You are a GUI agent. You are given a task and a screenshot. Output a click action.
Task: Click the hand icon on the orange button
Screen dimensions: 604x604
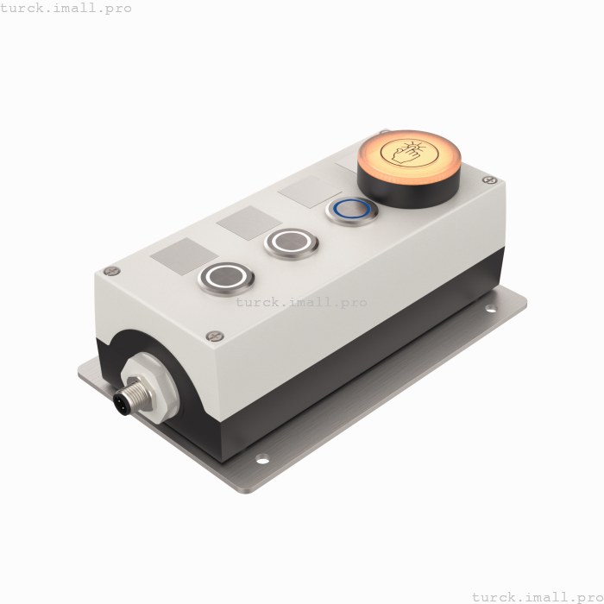[409, 152]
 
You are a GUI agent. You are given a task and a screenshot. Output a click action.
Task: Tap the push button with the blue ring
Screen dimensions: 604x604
[351, 210]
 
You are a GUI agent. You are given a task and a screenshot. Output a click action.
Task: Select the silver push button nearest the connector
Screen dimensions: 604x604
[227, 277]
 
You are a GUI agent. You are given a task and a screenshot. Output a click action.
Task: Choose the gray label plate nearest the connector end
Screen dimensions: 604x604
[184, 255]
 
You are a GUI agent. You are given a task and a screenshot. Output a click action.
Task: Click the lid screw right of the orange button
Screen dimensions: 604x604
[490, 180]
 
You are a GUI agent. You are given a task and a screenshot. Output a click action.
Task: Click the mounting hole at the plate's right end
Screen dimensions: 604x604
[490, 308]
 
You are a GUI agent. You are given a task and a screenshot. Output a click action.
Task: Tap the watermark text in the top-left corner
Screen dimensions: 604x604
[66, 9]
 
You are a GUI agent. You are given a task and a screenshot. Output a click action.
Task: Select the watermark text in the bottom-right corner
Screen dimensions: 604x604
[537, 596]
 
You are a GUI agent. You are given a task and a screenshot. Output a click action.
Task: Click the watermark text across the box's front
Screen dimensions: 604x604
[301, 302]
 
